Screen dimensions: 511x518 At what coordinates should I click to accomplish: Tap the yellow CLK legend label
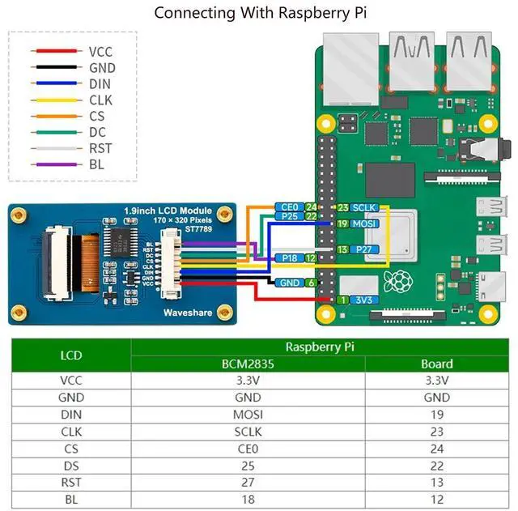point(102,100)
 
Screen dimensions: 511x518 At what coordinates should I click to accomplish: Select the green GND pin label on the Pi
point(289,283)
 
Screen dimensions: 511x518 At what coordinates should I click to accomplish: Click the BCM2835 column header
point(248,364)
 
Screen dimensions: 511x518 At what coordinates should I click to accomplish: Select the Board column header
point(436,364)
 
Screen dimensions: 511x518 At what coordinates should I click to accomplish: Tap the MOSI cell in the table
point(248,415)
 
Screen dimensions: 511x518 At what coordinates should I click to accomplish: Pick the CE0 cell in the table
point(248,449)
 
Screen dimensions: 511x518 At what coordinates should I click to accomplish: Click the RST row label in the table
point(70,483)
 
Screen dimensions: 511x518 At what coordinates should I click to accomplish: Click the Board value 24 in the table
point(436,449)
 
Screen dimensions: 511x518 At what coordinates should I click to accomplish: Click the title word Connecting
point(189,13)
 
